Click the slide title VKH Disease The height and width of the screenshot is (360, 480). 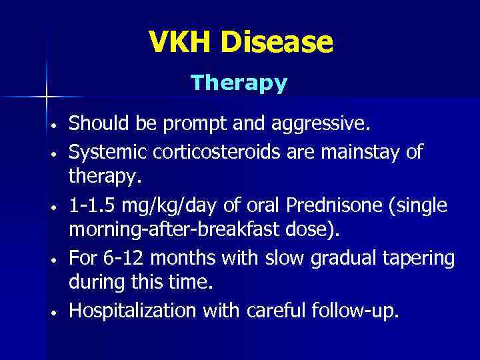(241, 43)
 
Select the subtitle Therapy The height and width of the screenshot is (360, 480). (239, 83)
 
